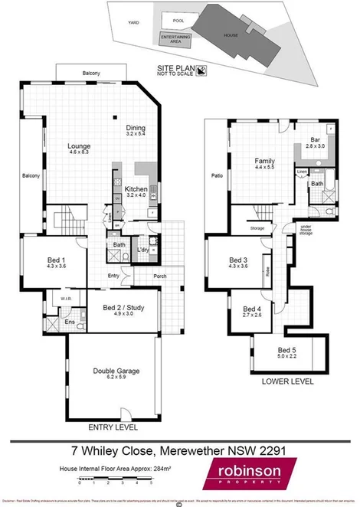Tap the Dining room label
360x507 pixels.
pos(136,129)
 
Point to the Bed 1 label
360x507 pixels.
pos(47,260)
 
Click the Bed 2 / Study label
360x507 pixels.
pos(129,309)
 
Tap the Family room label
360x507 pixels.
pos(265,162)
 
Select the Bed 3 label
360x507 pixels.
pos(238,262)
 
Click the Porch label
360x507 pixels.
pos(160,276)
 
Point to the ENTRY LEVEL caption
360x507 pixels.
pos(111,426)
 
